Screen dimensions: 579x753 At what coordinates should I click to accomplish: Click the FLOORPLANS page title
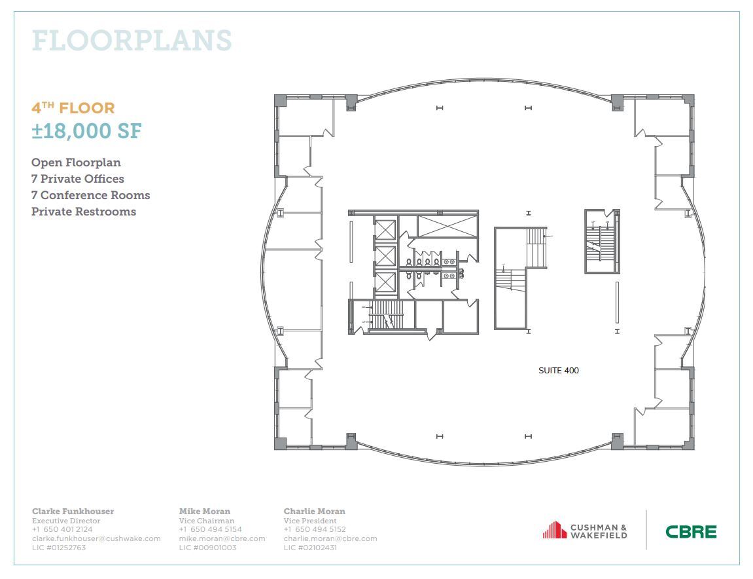(131, 41)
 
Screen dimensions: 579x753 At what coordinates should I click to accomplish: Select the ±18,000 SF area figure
(86, 130)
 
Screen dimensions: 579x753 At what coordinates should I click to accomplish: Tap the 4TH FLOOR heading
(73, 107)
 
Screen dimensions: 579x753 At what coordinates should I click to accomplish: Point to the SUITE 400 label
(558, 371)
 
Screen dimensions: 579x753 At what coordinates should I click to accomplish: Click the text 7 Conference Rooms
(90, 195)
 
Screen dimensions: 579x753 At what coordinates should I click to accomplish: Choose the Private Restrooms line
(84, 212)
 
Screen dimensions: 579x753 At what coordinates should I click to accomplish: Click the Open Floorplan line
(76, 162)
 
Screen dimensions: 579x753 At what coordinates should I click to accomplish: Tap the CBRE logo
(691, 532)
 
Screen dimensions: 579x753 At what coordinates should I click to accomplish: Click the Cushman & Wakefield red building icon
(554, 530)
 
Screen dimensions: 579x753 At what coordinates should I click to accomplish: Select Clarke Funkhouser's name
(73, 511)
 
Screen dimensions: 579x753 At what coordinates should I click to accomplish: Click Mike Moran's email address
(222, 538)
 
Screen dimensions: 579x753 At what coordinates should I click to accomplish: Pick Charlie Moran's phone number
(315, 529)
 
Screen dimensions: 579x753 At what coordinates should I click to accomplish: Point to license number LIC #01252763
(59, 548)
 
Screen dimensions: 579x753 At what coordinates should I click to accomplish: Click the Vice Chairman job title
(206, 521)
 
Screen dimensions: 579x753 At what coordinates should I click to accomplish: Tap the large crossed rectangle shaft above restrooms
(447, 225)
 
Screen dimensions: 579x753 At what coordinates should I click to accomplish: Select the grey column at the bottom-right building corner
(688, 443)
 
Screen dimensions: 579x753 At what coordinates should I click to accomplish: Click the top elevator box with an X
(385, 231)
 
